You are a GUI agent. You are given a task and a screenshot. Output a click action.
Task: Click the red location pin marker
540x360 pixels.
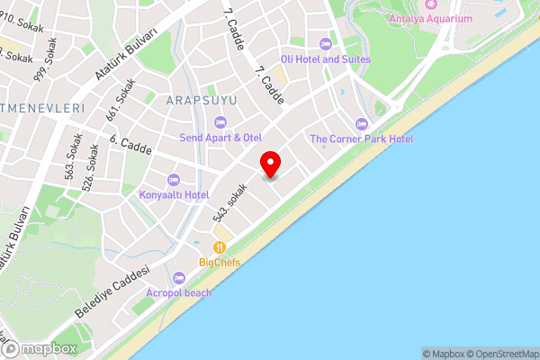pos(270,165)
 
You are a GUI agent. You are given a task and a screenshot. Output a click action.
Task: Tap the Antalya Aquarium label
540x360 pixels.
pos(431,19)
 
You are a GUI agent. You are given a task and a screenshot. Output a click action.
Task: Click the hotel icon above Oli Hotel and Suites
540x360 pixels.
pos(325,43)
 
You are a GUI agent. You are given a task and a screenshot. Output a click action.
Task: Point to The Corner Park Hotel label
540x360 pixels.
pos(361,139)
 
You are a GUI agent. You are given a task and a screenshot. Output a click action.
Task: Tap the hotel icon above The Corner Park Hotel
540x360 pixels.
pos(362,123)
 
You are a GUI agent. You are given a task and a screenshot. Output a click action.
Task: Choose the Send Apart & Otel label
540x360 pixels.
pos(221,138)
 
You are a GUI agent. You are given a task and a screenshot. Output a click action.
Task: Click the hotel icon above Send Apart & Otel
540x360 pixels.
pos(220,122)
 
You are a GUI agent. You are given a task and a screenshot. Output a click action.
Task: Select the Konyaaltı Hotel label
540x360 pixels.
pos(174,194)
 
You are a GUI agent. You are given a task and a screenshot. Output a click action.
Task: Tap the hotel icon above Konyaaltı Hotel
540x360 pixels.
pos(174,179)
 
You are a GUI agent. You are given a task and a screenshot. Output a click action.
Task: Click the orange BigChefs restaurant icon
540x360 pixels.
pos(219,247)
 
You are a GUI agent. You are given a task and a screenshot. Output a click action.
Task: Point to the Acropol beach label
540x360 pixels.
pos(179,292)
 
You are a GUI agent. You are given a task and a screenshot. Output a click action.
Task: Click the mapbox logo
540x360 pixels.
pos(40,348)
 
